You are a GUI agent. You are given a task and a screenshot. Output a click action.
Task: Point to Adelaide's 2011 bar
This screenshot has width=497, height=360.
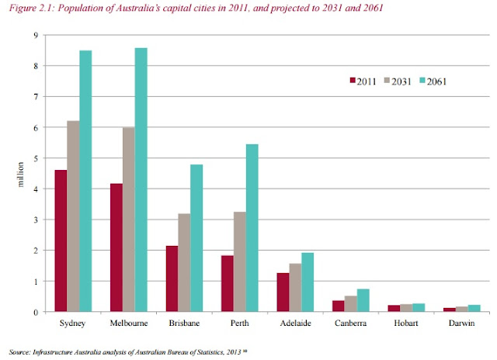(283, 292)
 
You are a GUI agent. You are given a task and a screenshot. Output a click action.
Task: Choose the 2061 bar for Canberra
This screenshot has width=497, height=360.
(363, 300)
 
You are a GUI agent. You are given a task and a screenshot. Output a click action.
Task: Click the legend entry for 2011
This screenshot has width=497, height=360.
(362, 80)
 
